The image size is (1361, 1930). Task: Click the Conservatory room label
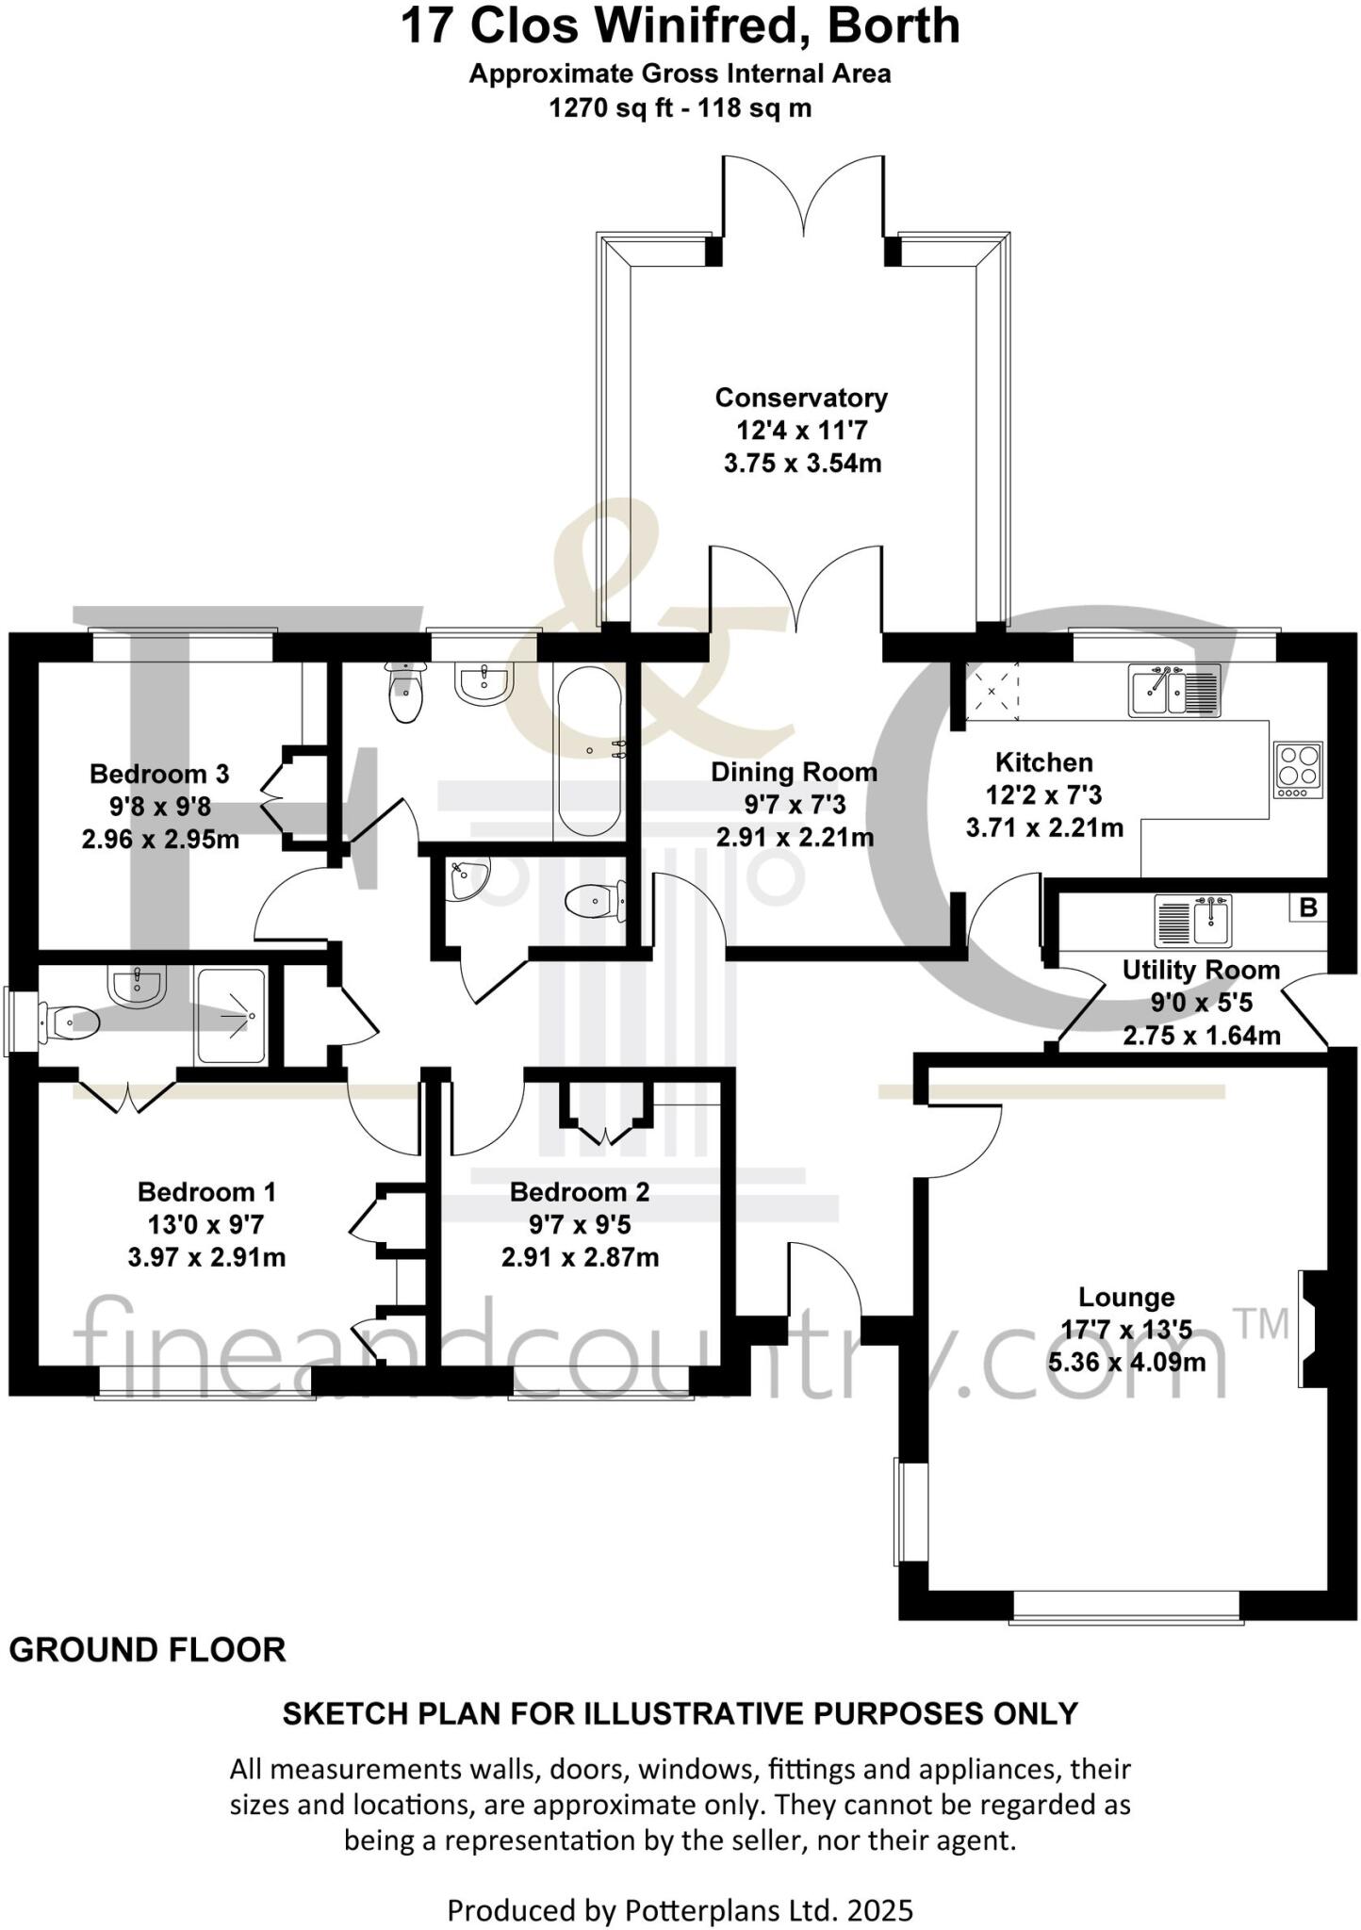(x=801, y=398)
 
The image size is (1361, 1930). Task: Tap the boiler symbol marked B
(x=1308, y=908)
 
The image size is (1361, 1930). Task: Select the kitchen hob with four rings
(x=1298, y=768)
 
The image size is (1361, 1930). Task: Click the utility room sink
(x=1193, y=920)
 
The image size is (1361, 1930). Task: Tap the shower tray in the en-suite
(x=231, y=1015)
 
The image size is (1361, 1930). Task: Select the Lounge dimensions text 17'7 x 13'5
(x=1126, y=1330)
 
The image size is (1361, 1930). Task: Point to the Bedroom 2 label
(x=580, y=1192)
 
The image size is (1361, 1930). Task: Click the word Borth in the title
(x=894, y=26)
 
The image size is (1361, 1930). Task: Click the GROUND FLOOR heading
(x=147, y=1649)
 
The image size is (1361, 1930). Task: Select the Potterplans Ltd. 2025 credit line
(x=680, y=1910)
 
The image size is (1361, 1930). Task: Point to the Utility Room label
(x=1201, y=970)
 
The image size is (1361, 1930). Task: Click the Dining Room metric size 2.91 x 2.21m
(x=795, y=837)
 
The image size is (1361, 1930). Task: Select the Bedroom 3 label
(x=159, y=774)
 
